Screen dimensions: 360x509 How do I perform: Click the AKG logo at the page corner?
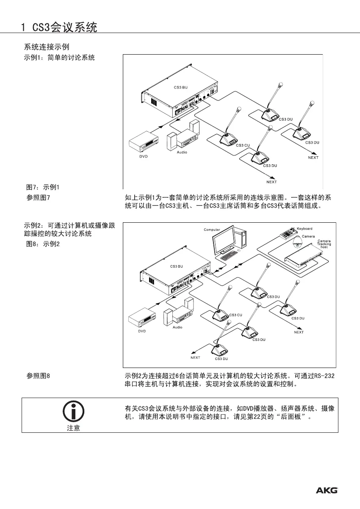pos(327,490)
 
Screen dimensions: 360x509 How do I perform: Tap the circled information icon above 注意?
pos(73,410)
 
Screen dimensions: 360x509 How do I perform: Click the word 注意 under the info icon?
pos(73,428)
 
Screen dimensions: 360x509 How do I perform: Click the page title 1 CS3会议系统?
pos(59,28)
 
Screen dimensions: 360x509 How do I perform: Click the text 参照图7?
pos(39,197)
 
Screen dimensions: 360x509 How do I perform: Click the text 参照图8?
pos(39,375)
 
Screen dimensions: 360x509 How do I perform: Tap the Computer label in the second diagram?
pos(212,230)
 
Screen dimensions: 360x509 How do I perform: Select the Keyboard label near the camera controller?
pos(305,229)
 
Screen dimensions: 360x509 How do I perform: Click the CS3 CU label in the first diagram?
pos(243,145)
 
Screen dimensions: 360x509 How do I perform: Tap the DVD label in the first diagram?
pos(144,156)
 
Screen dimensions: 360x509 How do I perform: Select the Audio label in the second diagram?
pos(177,327)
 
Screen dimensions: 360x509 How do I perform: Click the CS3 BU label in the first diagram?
pos(181,87)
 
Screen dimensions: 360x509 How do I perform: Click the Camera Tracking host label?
pos(324,243)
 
